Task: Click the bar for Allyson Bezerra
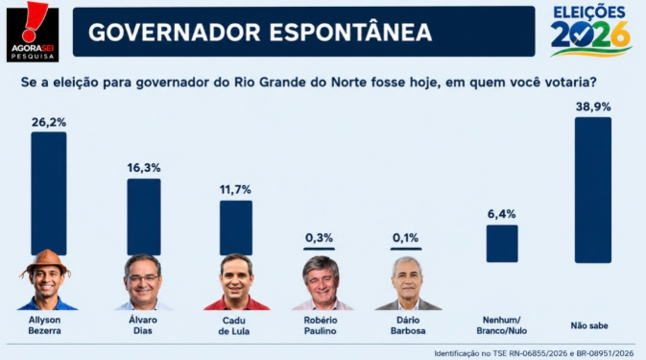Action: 49,193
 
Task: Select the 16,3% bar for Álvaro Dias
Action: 144,217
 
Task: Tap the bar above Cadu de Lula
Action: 236,228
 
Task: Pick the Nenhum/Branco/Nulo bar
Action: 502,244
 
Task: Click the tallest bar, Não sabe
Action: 593,190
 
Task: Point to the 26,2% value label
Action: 49,122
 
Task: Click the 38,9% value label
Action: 593,108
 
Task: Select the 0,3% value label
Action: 319,238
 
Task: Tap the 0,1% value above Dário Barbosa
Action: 405,238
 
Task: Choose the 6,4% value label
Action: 502,214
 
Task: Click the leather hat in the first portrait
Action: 45,261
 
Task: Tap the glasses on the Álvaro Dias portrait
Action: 143,278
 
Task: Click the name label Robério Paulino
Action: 321,325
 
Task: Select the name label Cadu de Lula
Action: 234,325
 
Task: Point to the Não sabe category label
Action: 589,325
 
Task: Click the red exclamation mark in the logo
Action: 33,21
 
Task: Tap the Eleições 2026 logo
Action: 590,31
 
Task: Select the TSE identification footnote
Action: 534,353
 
